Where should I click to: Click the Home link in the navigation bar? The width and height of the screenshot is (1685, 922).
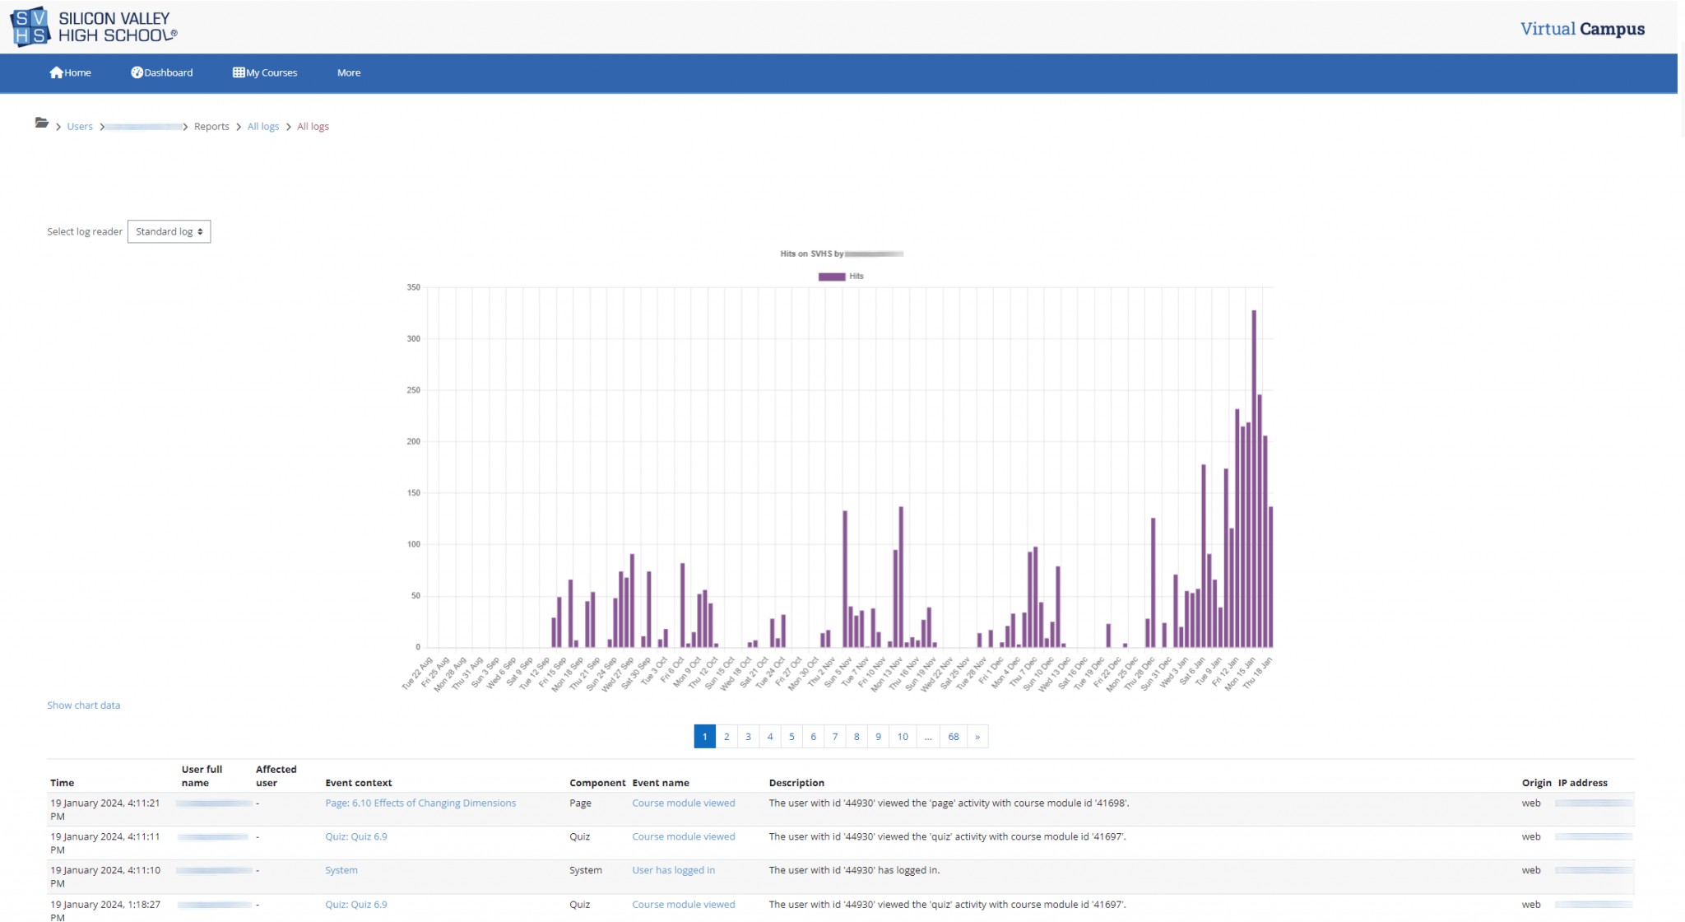click(71, 72)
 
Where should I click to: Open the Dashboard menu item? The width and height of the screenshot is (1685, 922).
click(162, 72)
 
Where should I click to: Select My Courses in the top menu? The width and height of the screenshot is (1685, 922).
click(265, 72)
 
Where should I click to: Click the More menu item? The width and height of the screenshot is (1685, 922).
click(349, 72)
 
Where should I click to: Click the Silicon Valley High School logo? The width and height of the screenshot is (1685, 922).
click(94, 26)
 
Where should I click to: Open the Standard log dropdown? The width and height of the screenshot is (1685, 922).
click(169, 231)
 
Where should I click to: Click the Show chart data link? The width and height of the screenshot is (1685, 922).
click(83, 705)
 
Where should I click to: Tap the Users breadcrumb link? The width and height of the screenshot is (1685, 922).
click(80, 126)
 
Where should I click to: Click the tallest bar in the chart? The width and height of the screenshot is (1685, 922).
click(1254, 477)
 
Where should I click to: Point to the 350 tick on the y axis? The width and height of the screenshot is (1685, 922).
click(413, 287)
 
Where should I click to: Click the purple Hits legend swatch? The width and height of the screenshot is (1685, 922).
click(831, 277)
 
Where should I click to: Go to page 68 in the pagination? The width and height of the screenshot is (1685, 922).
click(953, 737)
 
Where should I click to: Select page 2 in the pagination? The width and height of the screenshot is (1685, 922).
click(726, 737)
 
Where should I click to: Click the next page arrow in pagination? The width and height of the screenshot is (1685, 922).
click(977, 737)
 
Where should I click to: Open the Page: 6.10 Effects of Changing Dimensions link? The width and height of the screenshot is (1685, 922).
click(420, 803)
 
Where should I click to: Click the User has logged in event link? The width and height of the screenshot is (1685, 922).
click(673, 870)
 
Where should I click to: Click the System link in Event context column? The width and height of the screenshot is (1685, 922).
click(341, 870)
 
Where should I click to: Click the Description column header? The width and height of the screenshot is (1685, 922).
click(796, 783)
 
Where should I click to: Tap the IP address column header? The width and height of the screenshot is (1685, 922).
click(1582, 783)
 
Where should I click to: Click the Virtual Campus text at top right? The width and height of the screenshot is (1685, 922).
click(1581, 29)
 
